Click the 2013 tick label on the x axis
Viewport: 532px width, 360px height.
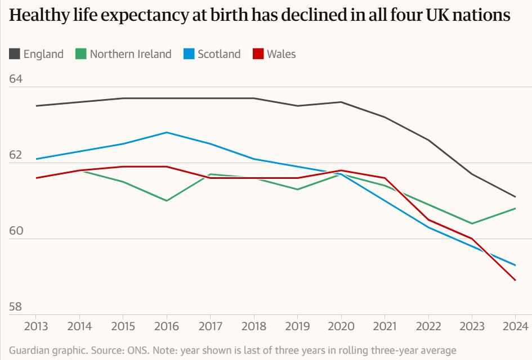[35, 326]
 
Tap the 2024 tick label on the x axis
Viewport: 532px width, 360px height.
[515, 326]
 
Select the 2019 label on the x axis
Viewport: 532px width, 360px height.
[297, 326]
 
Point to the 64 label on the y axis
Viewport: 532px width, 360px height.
[16, 79]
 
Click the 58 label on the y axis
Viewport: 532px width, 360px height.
[16, 307]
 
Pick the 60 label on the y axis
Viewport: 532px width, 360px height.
[16, 231]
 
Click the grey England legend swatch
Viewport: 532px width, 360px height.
[15, 54]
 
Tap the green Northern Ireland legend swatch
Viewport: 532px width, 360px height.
[81, 54]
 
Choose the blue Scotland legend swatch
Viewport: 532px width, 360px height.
[189, 54]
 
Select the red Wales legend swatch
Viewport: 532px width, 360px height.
[258, 54]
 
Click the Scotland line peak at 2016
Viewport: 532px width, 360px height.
[166, 132]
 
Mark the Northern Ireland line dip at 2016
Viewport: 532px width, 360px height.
[166, 200]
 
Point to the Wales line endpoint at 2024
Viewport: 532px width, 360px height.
[515, 280]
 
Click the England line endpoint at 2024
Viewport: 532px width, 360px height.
[515, 197]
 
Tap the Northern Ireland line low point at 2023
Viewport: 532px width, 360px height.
[472, 223]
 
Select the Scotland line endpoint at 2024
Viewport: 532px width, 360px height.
[515, 265]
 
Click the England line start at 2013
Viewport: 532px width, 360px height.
[35, 106]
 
